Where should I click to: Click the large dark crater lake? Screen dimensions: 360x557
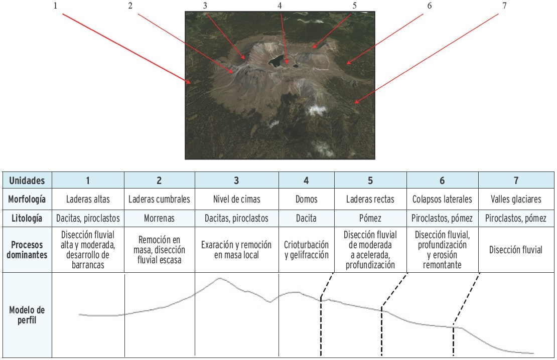[x=275, y=61]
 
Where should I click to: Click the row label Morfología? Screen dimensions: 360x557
[x=27, y=199]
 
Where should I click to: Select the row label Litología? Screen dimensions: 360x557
[x=27, y=218]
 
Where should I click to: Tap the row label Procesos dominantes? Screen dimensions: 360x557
[x=27, y=250]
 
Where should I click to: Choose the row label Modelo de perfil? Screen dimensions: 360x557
[x=27, y=315]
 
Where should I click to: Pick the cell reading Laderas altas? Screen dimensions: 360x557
[x=88, y=199]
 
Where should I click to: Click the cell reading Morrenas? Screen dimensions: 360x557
[x=160, y=218]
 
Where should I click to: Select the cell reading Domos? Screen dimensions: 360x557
[x=307, y=199]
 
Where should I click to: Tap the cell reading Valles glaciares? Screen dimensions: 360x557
[x=516, y=199]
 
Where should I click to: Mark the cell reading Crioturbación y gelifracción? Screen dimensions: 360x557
[x=307, y=250]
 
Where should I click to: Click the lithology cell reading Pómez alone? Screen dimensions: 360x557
[x=370, y=218]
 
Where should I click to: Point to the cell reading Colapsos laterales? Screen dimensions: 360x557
[x=442, y=199]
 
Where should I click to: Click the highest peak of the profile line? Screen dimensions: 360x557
[x=219, y=278]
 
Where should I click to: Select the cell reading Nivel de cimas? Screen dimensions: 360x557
[x=236, y=199]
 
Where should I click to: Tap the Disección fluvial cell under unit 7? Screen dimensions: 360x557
[x=516, y=250]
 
